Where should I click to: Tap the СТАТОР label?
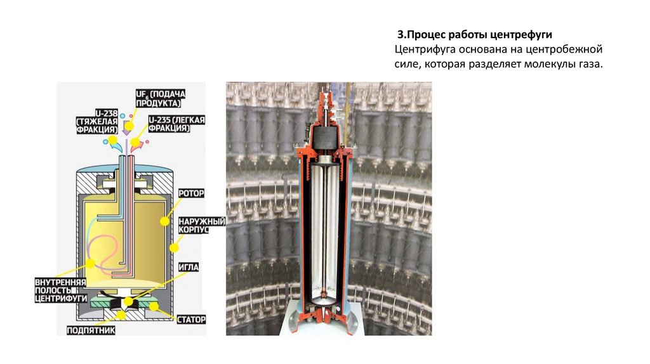pos(192,320)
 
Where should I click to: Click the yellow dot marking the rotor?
pos(164,221)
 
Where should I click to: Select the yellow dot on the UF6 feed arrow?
pos(128,126)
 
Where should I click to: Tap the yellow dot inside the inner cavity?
pos(91,262)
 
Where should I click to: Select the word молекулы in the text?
pos(544,65)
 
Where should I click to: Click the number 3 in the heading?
pos(401,33)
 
